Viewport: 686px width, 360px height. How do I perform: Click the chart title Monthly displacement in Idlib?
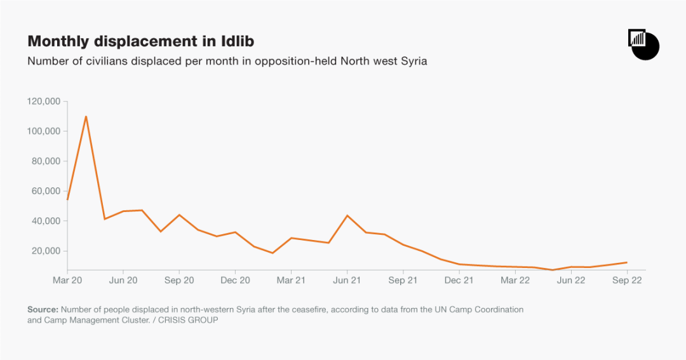point(141,42)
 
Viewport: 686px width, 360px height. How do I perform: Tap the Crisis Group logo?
point(643,44)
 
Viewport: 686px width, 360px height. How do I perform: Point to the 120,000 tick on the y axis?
point(44,101)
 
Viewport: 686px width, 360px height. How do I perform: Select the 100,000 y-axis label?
point(44,131)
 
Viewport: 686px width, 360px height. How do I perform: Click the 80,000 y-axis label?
point(46,161)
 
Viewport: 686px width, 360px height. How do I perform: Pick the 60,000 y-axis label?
point(46,191)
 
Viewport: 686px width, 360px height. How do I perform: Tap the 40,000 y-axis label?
point(46,221)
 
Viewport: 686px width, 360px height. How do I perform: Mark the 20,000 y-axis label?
point(46,251)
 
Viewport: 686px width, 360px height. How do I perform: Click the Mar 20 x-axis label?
point(67,279)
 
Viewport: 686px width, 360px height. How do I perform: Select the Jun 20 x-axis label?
point(123,279)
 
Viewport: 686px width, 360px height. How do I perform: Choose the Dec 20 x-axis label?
point(235,279)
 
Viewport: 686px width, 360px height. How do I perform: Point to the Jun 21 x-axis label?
point(347,279)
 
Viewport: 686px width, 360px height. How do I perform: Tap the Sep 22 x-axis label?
point(626,279)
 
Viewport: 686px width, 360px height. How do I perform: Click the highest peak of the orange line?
point(86,116)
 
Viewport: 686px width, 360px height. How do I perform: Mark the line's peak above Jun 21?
point(347,215)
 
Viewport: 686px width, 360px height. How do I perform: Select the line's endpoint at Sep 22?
point(626,262)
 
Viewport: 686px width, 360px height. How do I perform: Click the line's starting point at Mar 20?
point(67,199)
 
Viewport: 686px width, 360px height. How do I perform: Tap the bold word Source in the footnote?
point(43,309)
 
